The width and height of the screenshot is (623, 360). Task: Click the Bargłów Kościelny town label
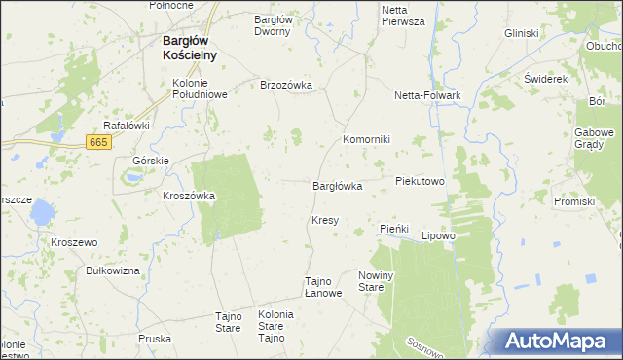click(190, 49)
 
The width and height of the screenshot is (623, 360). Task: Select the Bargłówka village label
click(337, 185)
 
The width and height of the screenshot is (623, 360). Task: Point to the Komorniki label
click(366, 139)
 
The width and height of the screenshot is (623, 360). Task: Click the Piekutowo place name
click(420, 181)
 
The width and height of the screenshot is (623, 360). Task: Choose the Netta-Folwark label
click(426, 95)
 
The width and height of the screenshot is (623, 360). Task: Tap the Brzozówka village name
click(286, 85)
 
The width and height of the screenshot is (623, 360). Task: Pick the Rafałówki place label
click(127, 126)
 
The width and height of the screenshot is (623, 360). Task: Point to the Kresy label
click(325, 220)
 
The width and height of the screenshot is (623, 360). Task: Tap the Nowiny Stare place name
click(376, 281)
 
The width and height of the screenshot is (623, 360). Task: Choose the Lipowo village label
click(438, 235)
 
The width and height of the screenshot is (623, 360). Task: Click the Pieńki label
click(392, 228)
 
